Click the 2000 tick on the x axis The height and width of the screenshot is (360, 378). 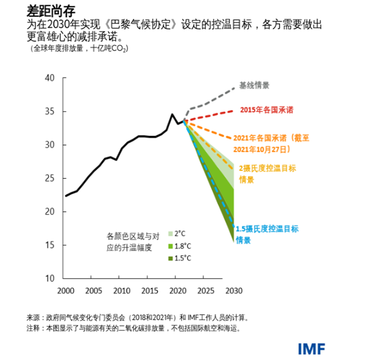pos(66,291)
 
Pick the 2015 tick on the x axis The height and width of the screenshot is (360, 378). pos(149,291)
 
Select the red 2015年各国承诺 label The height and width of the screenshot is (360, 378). pos(267,110)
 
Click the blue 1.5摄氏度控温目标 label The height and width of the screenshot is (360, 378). pos(267,234)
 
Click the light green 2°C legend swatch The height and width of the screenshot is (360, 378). pos(170,234)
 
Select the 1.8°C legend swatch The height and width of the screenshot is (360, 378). pos(170,246)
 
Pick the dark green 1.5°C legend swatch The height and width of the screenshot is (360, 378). pos(170,259)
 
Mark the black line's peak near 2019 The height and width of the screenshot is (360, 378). pos(172,114)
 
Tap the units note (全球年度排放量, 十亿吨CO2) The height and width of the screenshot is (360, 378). pos(79,48)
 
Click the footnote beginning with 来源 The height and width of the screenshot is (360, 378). pos(137,317)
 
